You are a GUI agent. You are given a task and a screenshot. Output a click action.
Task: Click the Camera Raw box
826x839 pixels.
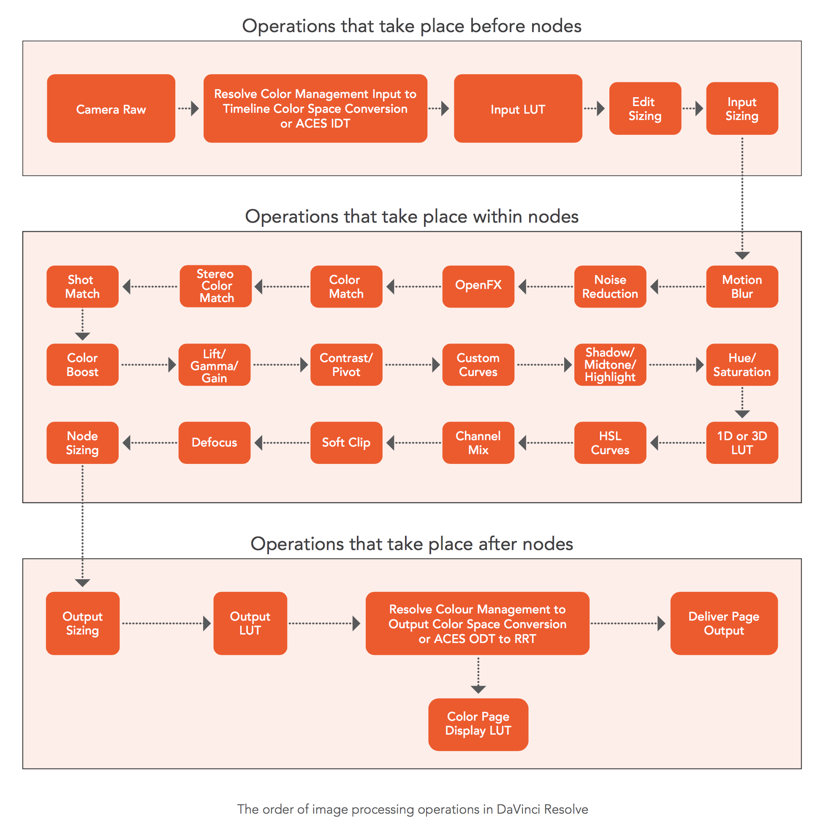[x=111, y=109]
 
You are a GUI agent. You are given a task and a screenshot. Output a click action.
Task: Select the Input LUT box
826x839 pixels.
[x=518, y=109]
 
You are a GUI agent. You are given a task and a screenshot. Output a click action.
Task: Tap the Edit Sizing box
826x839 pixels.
[x=645, y=109]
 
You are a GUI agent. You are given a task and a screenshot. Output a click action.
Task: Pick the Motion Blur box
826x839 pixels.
[x=742, y=286]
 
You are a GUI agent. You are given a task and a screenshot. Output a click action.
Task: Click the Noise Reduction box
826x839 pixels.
[x=610, y=286]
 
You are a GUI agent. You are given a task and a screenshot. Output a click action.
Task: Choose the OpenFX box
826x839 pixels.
[x=478, y=286]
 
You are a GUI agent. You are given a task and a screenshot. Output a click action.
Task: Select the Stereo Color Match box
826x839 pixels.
[x=216, y=286]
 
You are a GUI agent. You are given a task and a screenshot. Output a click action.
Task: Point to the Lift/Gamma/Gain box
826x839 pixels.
[x=214, y=365]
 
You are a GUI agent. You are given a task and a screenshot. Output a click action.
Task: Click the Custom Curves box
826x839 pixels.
[x=478, y=365]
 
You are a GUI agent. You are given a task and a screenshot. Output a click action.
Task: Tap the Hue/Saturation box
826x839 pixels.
[x=742, y=365]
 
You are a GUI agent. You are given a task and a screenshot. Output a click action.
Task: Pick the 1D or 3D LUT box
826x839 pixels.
[x=742, y=443]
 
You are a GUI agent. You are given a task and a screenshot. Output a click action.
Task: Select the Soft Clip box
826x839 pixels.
[x=346, y=443]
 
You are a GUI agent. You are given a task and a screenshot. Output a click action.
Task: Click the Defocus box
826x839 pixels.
[x=214, y=443]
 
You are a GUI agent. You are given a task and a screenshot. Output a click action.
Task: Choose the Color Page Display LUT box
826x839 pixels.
[x=478, y=724]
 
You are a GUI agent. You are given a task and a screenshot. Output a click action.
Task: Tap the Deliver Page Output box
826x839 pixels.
[x=724, y=623]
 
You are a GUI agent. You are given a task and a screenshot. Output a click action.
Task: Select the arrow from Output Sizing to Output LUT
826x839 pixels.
[x=166, y=624]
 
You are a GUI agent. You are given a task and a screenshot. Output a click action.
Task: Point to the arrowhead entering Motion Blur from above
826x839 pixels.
[x=742, y=256]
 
